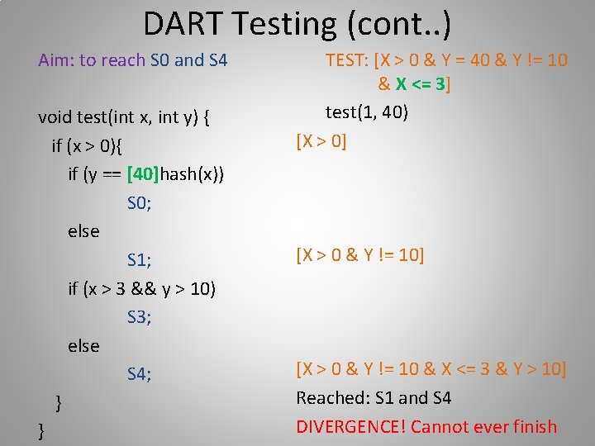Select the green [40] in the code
click(143, 174)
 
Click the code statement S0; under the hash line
click(139, 203)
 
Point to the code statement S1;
click(139, 260)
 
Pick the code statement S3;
click(139, 317)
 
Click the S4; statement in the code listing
click(139, 374)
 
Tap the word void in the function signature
click(55, 117)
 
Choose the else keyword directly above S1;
click(83, 231)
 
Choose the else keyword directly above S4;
click(83, 346)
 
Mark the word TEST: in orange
click(347, 60)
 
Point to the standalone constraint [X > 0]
click(321, 141)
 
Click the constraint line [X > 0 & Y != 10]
click(360, 255)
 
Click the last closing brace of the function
click(42, 431)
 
